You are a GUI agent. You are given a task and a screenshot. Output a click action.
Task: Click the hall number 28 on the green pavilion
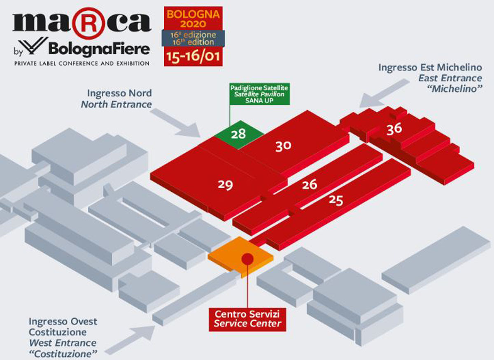click(238, 134)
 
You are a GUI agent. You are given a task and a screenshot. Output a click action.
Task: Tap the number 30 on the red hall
click(283, 146)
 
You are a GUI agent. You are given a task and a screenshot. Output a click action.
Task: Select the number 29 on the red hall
click(226, 185)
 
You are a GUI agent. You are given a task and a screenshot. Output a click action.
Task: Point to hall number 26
click(310, 184)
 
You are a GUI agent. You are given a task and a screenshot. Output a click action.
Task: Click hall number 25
click(336, 201)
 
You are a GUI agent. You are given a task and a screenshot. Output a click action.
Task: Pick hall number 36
click(394, 129)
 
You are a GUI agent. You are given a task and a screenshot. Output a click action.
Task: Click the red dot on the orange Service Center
click(247, 259)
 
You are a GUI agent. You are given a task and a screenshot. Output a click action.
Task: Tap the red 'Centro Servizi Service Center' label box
click(247, 320)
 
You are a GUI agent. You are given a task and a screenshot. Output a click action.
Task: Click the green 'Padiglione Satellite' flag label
click(259, 94)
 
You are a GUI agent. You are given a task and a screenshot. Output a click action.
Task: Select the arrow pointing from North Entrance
click(177, 123)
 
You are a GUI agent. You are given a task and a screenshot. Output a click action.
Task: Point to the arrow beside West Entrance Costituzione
click(130, 340)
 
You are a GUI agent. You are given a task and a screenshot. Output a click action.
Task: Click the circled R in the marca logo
click(89, 23)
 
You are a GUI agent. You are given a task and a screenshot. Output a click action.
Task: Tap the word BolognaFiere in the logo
click(99, 49)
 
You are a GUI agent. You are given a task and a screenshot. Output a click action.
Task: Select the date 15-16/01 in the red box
click(193, 56)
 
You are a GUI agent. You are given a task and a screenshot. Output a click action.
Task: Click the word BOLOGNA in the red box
click(193, 14)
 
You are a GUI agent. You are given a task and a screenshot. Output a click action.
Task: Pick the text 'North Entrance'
click(117, 104)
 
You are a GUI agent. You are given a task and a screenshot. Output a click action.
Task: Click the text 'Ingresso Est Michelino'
click(430, 67)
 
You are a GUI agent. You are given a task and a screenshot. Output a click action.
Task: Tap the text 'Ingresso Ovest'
click(63, 322)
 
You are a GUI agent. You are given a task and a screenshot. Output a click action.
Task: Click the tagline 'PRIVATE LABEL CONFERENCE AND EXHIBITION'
click(82, 64)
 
